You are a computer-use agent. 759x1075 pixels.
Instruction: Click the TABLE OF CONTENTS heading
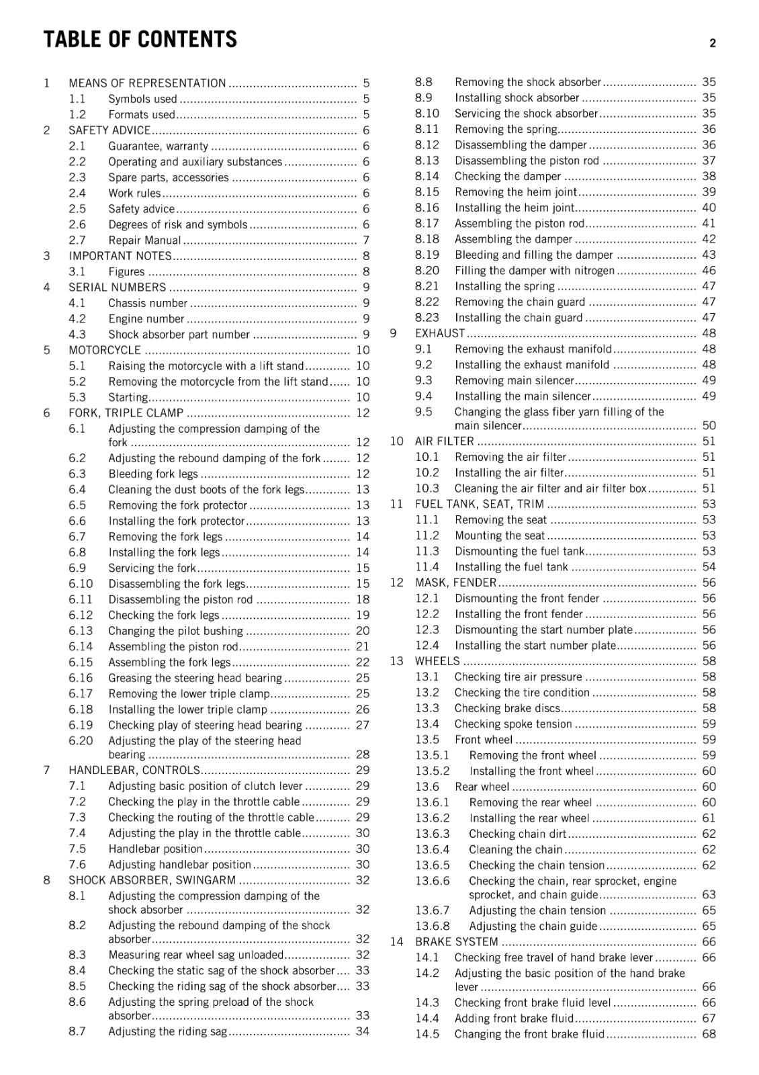pyautogui.click(x=140, y=40)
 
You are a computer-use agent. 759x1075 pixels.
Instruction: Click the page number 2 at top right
pyautogui.click(x=712, y=43)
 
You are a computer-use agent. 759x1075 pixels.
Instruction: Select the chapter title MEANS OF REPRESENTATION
pyautogui.click(x=147, y=83)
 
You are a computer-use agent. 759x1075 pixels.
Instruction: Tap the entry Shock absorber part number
pyautogui.click(x=179, y=335)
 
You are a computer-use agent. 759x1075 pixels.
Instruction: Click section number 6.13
pyautogui.click(x=81, y=631)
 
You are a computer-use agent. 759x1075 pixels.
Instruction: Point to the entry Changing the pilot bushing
pyautogui.click(x=175, y=631)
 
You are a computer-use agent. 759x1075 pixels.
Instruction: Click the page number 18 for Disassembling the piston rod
pyautogui.click(x=363, y=599)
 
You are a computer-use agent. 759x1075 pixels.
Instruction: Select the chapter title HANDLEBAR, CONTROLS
pyautogui.click(x=134, y=770)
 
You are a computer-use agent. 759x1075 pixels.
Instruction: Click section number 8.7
pyautogui.click(x=77, y=1031)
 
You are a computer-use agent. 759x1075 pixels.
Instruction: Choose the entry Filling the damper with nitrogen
pyautogui.click(x=534, y=270)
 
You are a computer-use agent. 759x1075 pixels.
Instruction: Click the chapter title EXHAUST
pyautogui.click(x=440, y=333)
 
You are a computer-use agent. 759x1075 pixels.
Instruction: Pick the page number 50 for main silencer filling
pyautogui.click(x=709, y=425)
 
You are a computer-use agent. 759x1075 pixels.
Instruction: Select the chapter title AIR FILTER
pyautogui.click(x=444, y=441)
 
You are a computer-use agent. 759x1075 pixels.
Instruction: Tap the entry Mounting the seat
pyautogui.click(x=499, y=535)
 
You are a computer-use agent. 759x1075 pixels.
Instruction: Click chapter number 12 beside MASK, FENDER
pyautogui.click(x=396, y=583)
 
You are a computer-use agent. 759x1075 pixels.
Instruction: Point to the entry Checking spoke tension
pyautogui.click(x=513, y=724)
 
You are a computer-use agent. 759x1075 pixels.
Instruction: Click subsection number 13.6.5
pyautogui.click(x=432, y=865)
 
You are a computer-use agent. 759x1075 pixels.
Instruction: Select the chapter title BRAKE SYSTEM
pyautogui.click(x=456, y=942)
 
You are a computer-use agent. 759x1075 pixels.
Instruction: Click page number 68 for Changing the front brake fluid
pyautogui.click(x=709, y=1034)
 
